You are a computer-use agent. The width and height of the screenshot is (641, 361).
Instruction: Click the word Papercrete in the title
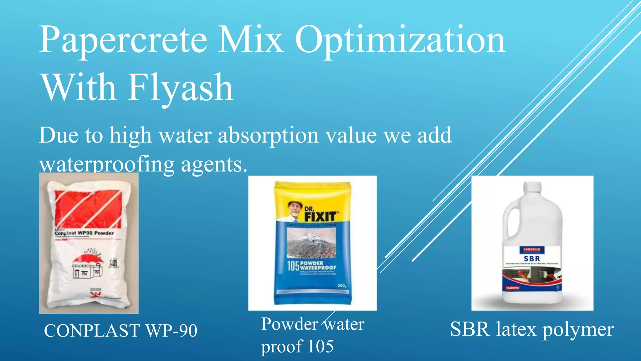(123, 40)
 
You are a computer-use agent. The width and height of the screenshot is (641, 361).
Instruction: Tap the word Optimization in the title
(400, 40)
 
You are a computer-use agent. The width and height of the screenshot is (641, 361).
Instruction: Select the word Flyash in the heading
(181, 88)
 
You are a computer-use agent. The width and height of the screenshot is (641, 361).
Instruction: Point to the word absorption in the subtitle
(269, 135)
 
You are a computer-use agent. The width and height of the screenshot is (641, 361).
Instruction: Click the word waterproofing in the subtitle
(107, 164)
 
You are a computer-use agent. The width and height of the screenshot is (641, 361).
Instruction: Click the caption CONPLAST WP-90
(121, 330)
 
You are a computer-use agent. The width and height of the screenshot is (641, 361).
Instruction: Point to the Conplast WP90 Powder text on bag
(84, 233)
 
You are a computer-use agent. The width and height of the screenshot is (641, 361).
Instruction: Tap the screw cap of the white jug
(532, 186)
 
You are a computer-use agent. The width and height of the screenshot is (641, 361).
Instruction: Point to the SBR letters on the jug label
(532, 259)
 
